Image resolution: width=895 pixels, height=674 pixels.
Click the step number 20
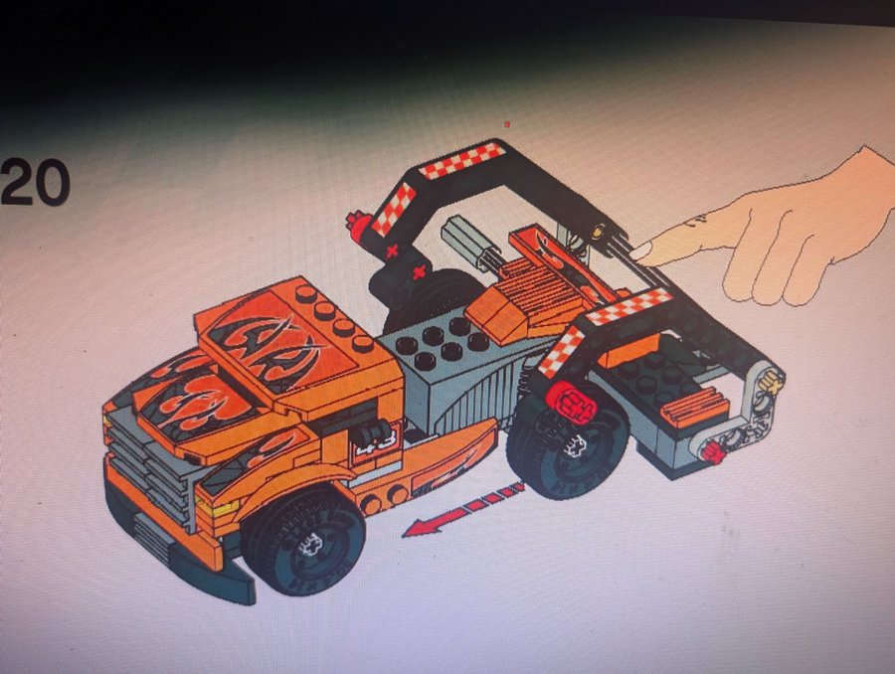tap(36, 183)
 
